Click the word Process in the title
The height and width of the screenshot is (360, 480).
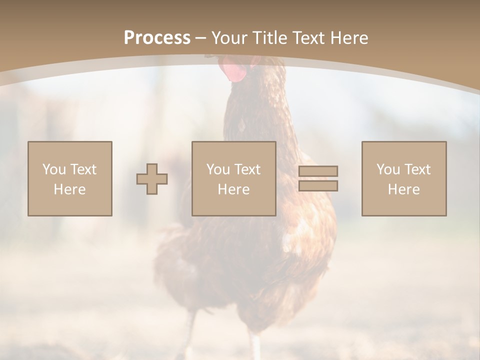[x=157, y=38]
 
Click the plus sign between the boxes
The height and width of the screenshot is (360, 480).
[x=152, y=179]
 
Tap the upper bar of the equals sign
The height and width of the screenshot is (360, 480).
[x=318, y=171]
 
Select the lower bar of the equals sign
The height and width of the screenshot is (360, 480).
[x=318, y=185]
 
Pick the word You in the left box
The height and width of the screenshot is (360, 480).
[x=53, y=169]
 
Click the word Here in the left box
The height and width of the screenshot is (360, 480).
[x=69, y=189]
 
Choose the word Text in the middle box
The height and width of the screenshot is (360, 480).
[x=247, y=169]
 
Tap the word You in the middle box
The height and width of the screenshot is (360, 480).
[x=218, y=169]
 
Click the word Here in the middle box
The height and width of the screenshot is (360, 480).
[x=233, y=189]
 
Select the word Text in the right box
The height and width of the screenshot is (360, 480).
[x=417, y=169]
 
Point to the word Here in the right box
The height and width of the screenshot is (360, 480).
[x=403, y=189]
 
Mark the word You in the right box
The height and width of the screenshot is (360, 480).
[x=388, y=169]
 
